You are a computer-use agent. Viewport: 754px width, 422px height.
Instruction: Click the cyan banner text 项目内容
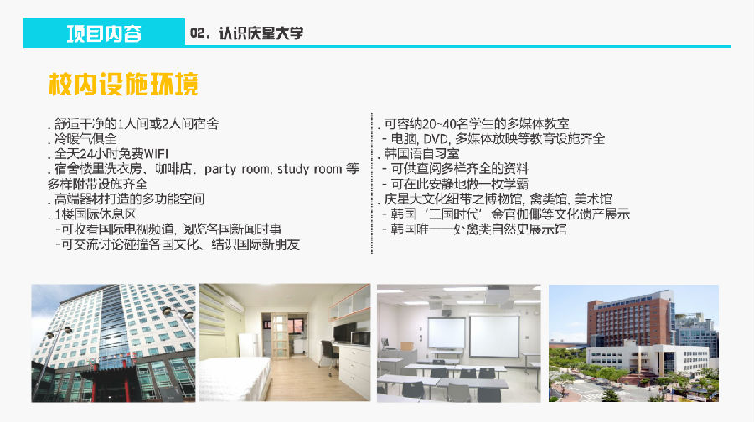click(104, 33)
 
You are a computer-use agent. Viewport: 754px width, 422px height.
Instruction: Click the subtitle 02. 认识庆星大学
click(246, 33)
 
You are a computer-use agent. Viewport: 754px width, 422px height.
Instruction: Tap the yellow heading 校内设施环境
click(123, 84)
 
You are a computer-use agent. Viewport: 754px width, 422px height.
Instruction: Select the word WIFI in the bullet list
click(157, 154)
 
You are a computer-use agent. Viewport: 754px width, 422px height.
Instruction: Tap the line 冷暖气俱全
click(83, 139)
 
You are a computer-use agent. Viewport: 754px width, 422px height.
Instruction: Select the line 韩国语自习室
click(418, 154)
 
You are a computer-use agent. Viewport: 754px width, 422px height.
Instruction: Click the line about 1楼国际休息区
click(92, 214)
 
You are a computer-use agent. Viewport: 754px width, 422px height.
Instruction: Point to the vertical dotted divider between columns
click(372, 183)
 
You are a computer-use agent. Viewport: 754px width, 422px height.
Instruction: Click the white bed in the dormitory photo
click(235, 378)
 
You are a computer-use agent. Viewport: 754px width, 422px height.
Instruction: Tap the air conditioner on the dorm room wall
click(234, 304)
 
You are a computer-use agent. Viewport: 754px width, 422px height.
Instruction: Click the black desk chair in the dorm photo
click(328, 357)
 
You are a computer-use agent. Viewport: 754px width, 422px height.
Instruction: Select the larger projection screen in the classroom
click(493, 336)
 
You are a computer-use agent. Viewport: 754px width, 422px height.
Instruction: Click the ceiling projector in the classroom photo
click(498, 293)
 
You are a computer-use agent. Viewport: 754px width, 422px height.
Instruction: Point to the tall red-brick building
click(630, 322)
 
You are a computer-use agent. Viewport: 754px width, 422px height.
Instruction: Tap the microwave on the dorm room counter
click(360, 338)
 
